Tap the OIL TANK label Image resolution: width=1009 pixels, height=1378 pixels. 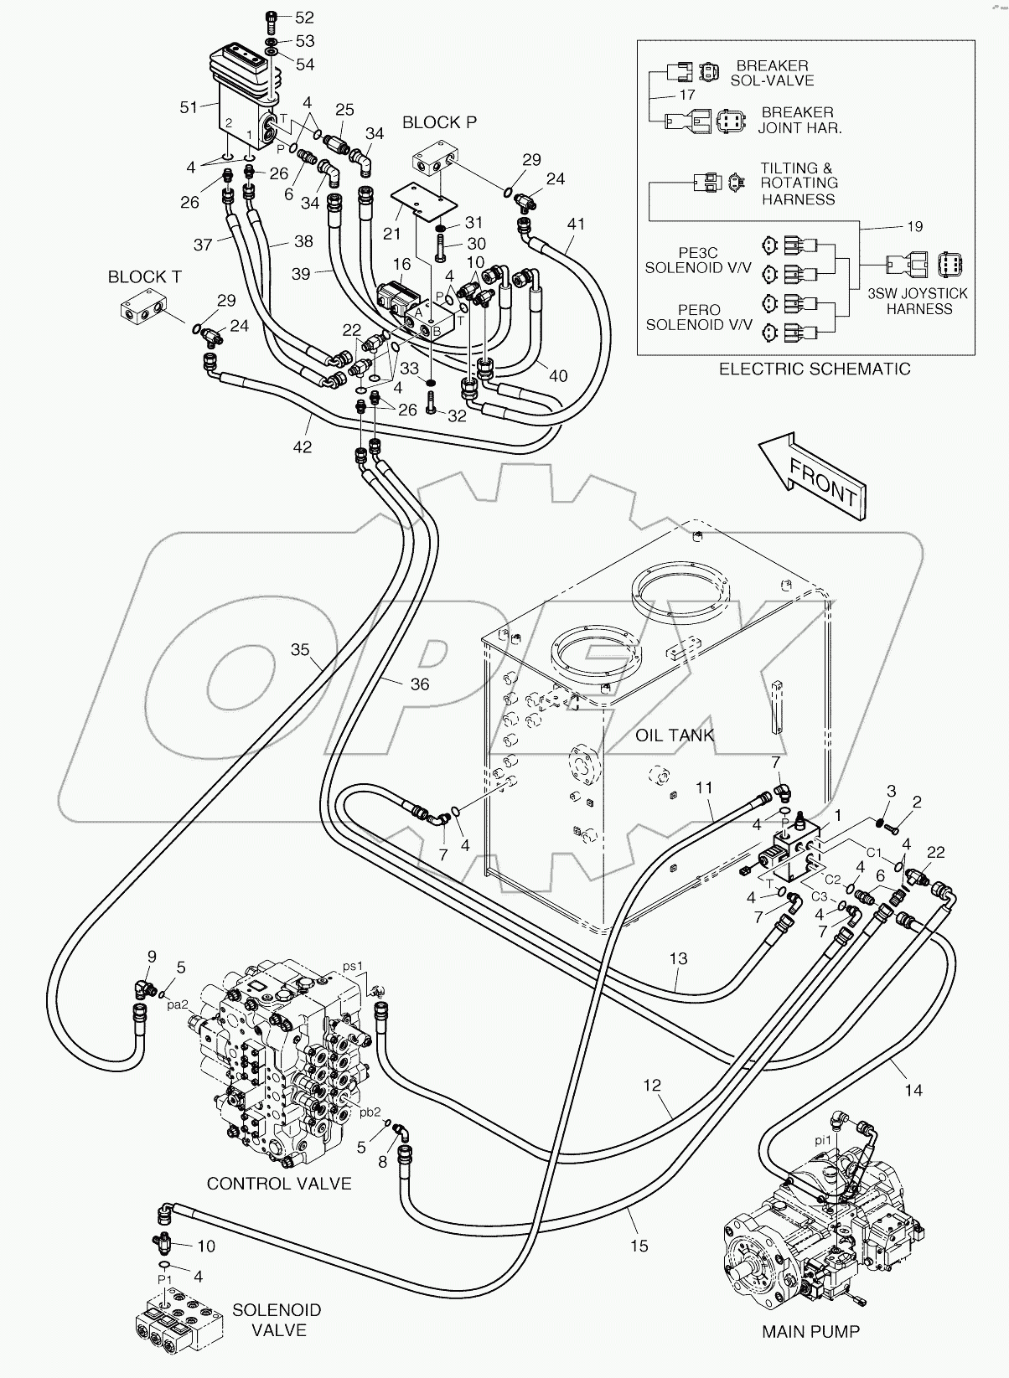tap(674, 735)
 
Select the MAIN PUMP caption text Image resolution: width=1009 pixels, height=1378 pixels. tap(810, 1331)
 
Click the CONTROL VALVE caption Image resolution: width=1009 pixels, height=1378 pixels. tap(279, 1184)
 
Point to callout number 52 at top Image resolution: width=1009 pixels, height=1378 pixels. tap(303, 18)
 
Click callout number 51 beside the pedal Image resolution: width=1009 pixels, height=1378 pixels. tap(190, 106)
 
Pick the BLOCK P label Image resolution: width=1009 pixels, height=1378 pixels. tap(439, 122)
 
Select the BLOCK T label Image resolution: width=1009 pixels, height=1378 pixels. tap(144, 276)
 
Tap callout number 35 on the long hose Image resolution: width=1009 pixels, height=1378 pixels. tap(300, 649)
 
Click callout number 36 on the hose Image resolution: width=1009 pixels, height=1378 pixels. tap(419, 684)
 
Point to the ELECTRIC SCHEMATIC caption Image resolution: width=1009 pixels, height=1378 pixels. tap(815, 369)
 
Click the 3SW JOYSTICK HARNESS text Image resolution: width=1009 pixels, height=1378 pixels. tap(919, 301)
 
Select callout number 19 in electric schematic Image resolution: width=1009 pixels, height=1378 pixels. tap(914, 226)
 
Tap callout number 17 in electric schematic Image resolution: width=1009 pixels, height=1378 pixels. tap(687, 95)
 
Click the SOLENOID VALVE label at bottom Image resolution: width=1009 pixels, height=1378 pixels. tap(277, 1320)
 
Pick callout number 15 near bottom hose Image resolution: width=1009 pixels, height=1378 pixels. tap(639, 1246)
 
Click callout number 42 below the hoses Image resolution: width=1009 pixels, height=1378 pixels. tap(302, 446)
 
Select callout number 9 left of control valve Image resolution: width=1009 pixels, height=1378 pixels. tap(152, 957)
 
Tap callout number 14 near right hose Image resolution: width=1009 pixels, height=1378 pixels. tap(913, 1090)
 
